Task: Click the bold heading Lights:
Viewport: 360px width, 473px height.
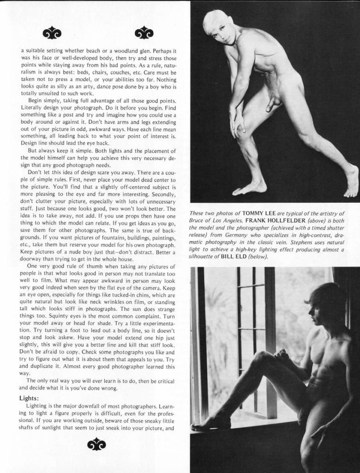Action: pos(29,398)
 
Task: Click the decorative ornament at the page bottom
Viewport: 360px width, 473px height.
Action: pos(96,444)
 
